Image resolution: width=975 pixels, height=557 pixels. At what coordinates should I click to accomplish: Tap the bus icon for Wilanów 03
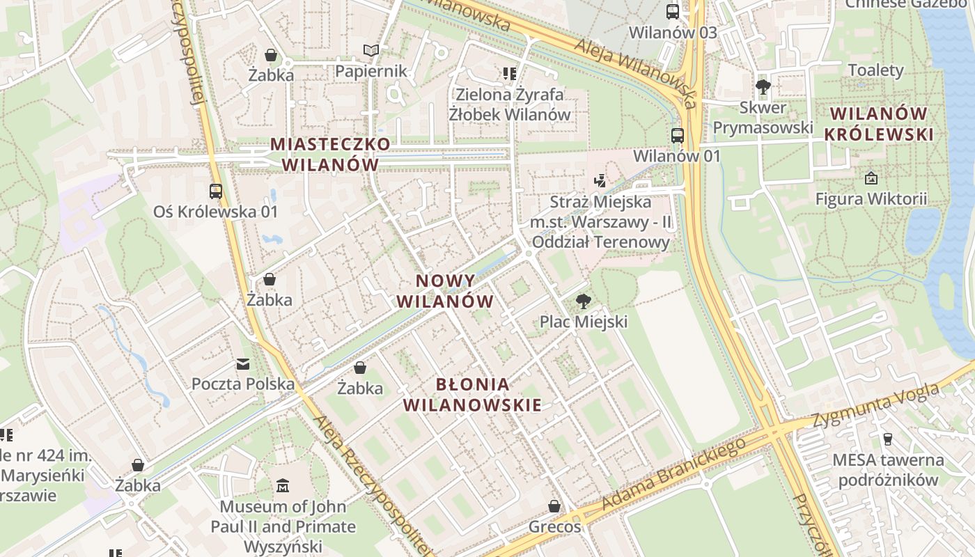[672, 12]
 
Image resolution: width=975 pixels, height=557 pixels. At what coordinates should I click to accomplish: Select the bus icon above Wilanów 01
[677, 136]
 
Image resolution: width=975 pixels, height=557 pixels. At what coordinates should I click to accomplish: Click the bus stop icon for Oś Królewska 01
[216, 191]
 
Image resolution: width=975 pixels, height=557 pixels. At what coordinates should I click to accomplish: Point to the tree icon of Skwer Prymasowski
[763, 87]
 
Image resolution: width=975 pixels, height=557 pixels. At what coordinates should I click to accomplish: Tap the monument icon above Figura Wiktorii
[871, 179]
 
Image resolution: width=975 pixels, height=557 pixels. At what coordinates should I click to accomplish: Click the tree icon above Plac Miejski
[584, 301]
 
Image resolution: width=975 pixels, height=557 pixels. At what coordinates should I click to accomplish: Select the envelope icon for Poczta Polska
[243, 363]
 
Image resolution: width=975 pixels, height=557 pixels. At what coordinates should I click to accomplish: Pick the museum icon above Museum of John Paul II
[283, 485]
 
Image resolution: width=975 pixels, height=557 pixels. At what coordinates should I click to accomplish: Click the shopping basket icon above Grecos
[554, 506]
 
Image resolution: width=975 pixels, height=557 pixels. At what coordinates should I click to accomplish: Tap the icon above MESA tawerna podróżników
[887, 439]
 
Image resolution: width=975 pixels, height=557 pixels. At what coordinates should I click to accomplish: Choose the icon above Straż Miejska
[600, 181]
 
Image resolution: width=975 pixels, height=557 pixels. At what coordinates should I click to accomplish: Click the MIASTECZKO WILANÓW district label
[330, 154]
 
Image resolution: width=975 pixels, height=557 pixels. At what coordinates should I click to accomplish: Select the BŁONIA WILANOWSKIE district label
[473, 394]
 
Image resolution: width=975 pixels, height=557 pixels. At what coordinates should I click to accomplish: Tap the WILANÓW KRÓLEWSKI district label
[879, 123]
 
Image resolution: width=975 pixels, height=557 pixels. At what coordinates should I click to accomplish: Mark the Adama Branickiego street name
[673, 473]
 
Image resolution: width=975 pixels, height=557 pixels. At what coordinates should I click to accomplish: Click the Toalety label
[875, 70]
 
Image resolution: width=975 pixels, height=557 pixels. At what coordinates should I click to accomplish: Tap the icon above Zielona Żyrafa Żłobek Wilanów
[509, 73]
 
